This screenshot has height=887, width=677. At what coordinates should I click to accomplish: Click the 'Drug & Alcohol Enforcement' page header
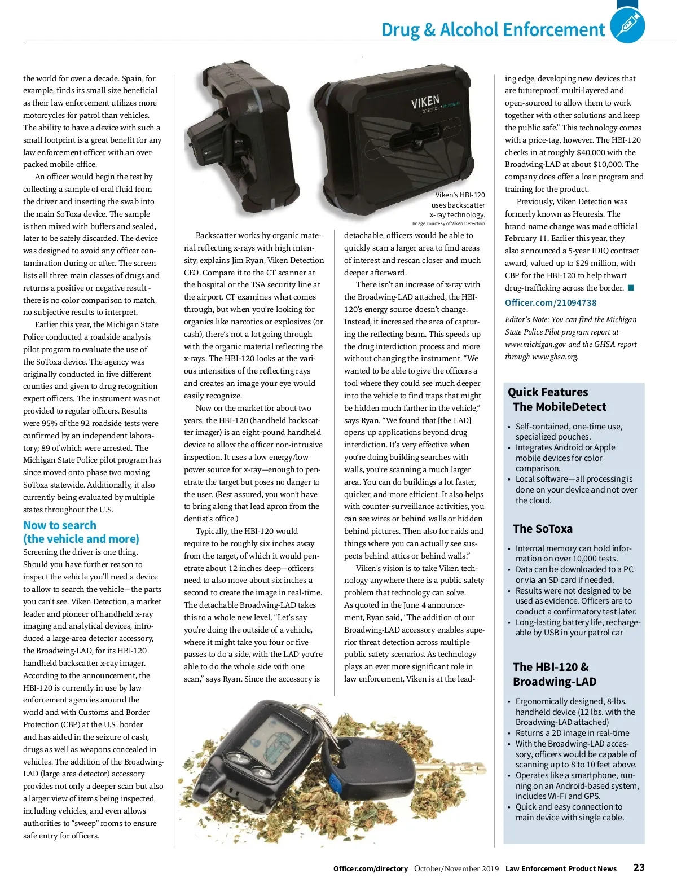(x=493, y=29)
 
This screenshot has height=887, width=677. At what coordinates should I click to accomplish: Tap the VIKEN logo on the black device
(x=425, y=103)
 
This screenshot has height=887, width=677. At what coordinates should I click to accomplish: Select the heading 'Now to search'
(x=60, y=525)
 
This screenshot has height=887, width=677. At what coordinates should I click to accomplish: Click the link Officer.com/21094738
(x=550, y=302)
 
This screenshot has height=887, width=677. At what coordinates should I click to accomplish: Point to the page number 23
(x=639, y=867)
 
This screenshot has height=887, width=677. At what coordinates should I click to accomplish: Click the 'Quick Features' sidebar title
(x=547, y=392)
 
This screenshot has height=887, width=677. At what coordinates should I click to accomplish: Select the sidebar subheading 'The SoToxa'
(x=542, y=529)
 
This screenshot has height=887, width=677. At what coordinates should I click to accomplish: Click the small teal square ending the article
(x=631, y=288)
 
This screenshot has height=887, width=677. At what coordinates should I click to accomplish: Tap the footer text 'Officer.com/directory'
(x=370, y=869)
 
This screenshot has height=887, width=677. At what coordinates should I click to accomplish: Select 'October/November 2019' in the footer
(x=456, y=868)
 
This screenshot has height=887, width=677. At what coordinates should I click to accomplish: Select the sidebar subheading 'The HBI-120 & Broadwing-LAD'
(x=554, y=674)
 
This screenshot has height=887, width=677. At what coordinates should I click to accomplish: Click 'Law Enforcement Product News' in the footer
(x=561, y=869)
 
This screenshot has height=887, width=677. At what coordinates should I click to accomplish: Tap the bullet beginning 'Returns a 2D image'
(x=572, y=733)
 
